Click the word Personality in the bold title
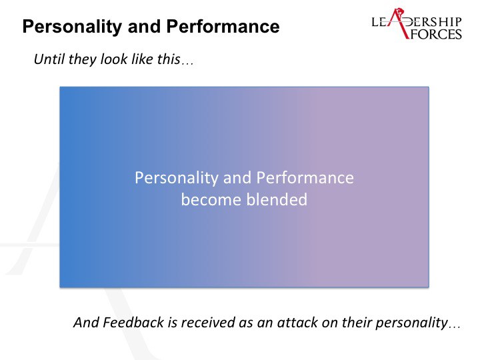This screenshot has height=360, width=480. point(72,27)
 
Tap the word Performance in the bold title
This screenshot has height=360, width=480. point(223,26)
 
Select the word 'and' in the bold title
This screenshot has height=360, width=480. point(144,26)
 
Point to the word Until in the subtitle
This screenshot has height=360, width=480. point(49,59)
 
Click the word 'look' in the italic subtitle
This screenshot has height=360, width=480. point(114,59)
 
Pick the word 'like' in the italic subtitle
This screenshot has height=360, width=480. point(142,59)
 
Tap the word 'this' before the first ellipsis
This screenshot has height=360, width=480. point(169,59)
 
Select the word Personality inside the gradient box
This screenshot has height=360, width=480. point(176,178)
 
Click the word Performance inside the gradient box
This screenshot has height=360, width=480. point(305,177)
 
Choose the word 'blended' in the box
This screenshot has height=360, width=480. point(277,200)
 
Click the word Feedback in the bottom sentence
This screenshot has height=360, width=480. point(133,323)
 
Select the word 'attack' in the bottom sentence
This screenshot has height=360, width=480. point(293,323)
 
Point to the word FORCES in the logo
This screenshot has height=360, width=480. point(436,34)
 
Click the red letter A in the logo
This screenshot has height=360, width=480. point(397,23)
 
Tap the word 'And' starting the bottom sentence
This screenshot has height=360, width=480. point(86,323)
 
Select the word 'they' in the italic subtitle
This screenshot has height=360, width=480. point(83,60)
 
